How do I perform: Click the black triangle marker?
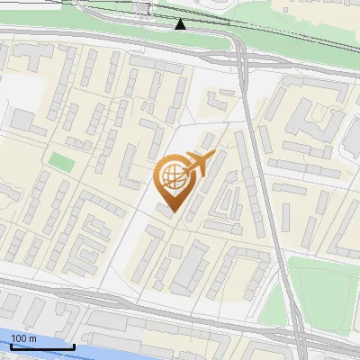tap(181, 24)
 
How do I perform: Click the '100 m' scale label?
tap(23, 338)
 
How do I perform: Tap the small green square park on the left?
tap(61, 163)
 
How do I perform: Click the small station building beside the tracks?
tap(144, 8)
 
